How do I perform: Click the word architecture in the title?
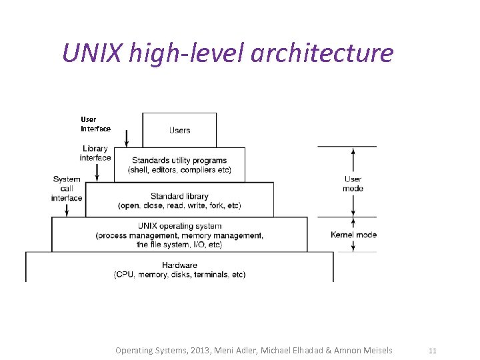tap(322, 53)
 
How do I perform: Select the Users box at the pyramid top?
tap(179, 130)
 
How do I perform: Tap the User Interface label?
tap(95, 124)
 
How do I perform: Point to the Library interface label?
tap(95, 153)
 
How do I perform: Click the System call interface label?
tap(67, 188)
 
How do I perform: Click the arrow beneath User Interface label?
tap(126, 139)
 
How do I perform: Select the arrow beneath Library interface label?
tap(97, 173)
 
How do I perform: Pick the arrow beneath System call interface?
tap(67, 209)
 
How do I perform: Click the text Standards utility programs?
tap(179, 160)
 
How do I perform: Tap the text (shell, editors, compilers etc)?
tap(179, 170)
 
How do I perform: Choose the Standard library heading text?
tap(179, 196)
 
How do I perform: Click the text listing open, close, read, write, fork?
tap(179, 205)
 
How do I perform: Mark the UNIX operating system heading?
tap(179, 226)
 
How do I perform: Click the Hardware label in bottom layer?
tap(179, 265)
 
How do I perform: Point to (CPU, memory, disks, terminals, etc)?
tap(179, 275)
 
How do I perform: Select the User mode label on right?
tap(353, 183)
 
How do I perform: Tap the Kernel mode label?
tap(353, 235)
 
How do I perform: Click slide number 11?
tap(432, 350)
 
